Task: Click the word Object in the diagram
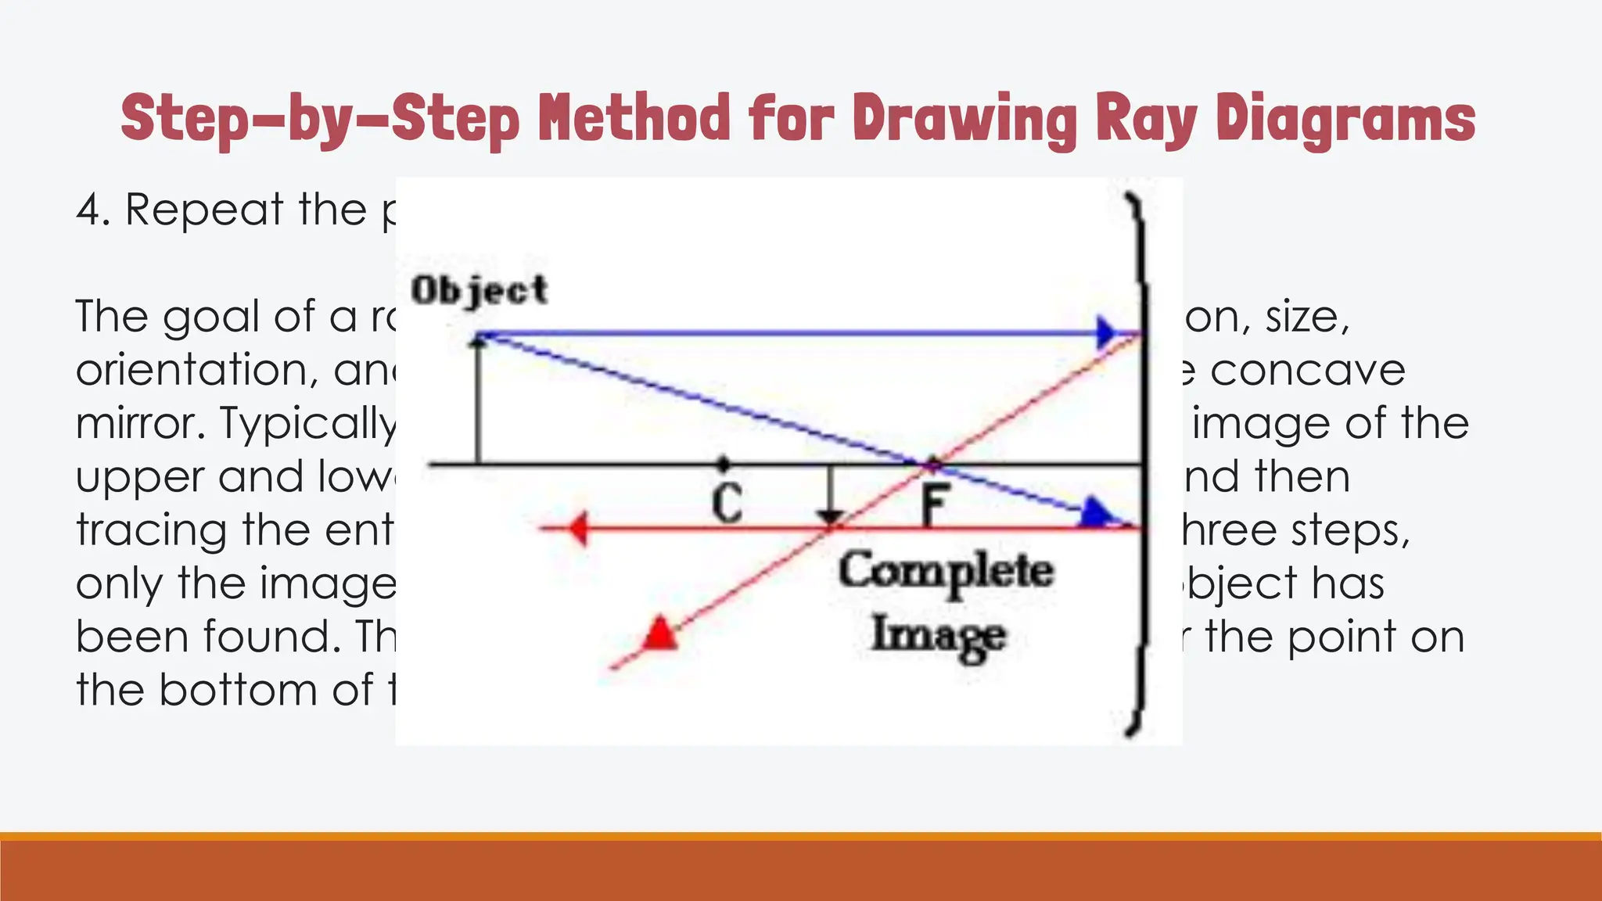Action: pyautogui.click(x=480, y=291)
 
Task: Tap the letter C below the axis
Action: pyautogui.click(x=727, y=504)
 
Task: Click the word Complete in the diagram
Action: pyautogui.click(x=946, y=572)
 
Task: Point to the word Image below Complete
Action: pyautogui.click(x=939, y=635)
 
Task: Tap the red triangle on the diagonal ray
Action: pyautogui.click(x=660, y=634)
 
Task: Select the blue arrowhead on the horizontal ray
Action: pyautogui.click(x=1105, y=332)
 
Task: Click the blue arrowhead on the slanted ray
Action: pyautogui.click(x=1095, y=513)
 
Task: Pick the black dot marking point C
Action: pyautogui.click(x=724, y=463)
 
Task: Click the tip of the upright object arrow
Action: pyautogui.click(x=479, y=339)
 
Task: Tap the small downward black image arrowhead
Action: pyautogui.click(x=830, y=517)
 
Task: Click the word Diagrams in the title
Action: pyautogui.click(x=1345, y=119)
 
